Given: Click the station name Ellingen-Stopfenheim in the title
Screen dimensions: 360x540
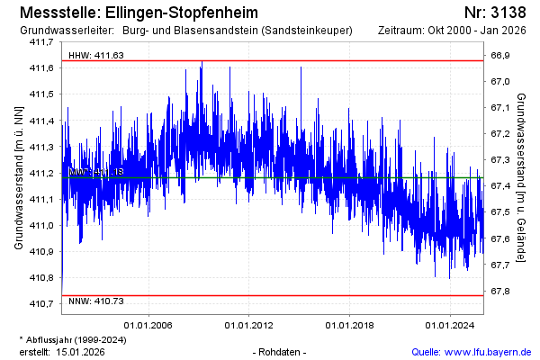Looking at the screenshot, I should [x=181, y=13].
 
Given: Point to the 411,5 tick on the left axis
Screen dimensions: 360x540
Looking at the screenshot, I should [x=42, y=94].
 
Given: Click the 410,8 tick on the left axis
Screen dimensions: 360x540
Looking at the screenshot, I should [x=42, y=277].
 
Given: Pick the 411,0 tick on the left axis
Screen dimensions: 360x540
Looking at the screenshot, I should [x=42, y=225].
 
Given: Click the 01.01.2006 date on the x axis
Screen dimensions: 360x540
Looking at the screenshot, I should [x=148, y=325].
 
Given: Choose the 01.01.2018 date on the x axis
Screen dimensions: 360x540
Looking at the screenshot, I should [x=349, y=325].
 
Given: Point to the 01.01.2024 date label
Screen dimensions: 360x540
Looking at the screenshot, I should [x=449, y=325].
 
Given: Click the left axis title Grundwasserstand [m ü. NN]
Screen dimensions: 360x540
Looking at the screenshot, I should [x=18, y=177].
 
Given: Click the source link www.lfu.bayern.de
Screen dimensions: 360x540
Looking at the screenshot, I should [x=491, y=351].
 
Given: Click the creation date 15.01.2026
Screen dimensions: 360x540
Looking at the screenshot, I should [x=81, y=351].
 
